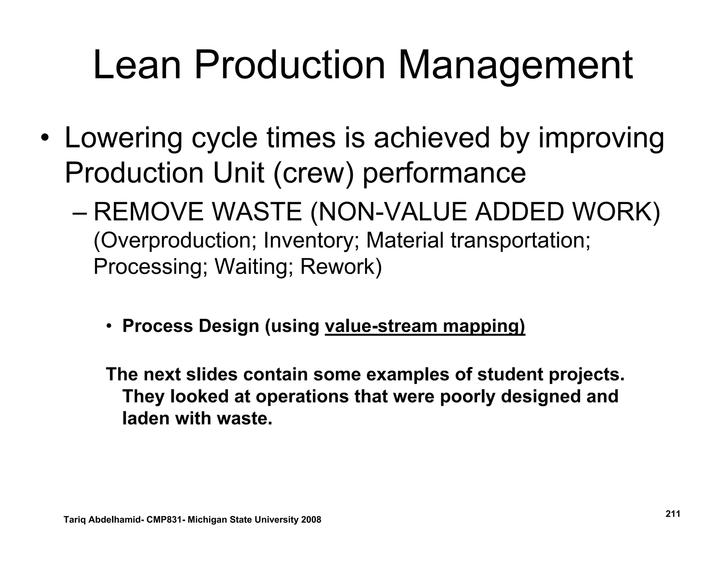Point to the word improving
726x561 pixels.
pyautogui.click(x=601, y=138)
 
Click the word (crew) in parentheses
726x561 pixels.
pyautogui.click(x=314, y=173)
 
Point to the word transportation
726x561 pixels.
pyautogui.click(x=520, y=240)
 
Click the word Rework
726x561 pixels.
pyautogui.click(x=341, y=267)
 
